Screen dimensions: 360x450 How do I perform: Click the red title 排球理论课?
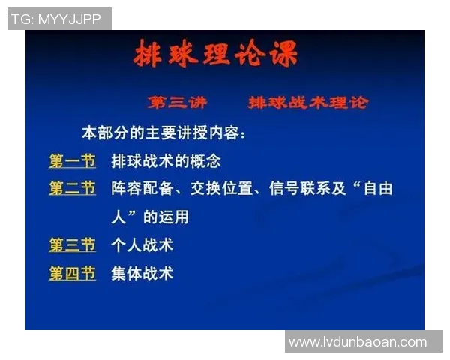[x=215, y=55]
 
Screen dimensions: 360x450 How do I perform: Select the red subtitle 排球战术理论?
[x=308, y=102]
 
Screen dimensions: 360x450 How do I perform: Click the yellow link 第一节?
[x=72, y=160]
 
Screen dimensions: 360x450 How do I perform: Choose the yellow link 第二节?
[x=72, y=188]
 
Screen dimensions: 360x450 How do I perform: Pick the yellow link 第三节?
[x=72, y=244]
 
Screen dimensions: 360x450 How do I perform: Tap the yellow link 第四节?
[x=72, y=273]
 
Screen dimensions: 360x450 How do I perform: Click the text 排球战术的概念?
[x=166, y=160]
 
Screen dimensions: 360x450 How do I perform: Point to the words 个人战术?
[x=142, y=244]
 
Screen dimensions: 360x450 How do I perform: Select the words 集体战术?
[x=142, y=273]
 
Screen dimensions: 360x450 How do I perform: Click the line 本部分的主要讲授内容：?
[x=163, y=133]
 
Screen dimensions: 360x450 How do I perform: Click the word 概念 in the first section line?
[x=205, y=160]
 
